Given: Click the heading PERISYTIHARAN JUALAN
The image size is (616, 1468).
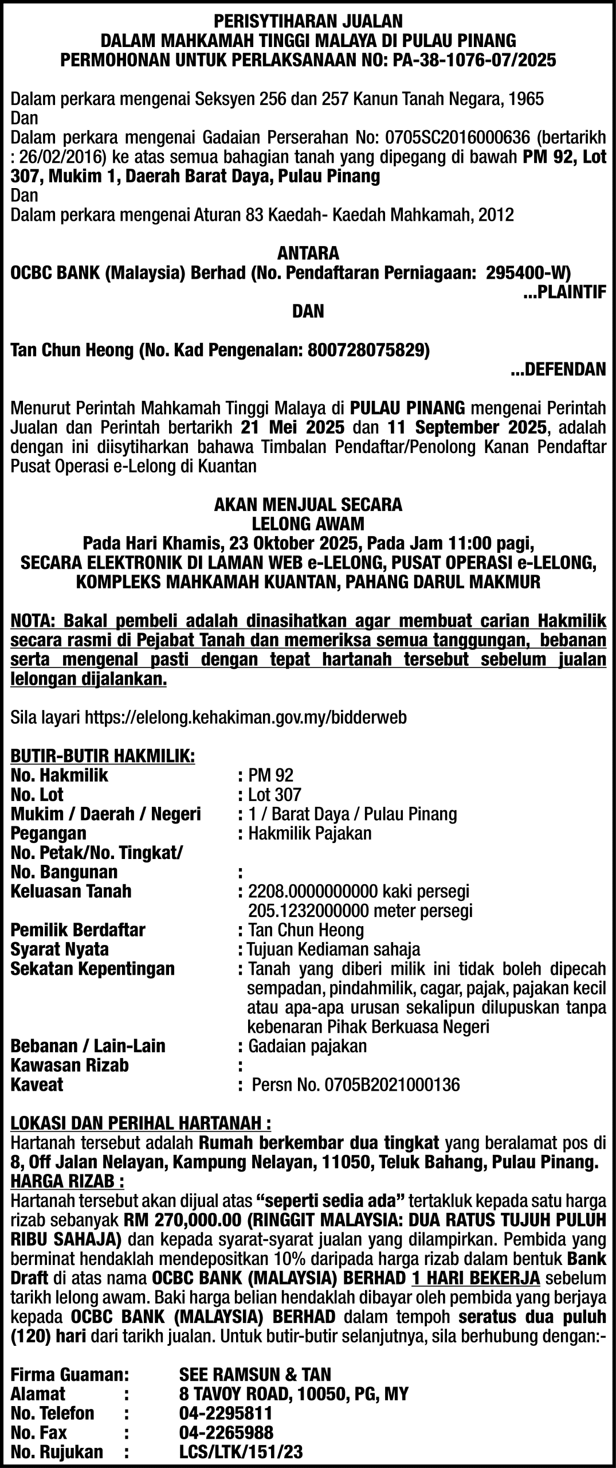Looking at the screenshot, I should point(308,22).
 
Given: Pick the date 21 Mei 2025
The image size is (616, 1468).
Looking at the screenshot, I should point(292,427).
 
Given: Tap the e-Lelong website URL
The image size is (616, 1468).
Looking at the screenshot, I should point(246,717).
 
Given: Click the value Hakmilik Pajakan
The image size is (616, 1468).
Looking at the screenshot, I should point(309,833).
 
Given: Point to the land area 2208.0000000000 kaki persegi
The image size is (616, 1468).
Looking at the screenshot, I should point(358,891).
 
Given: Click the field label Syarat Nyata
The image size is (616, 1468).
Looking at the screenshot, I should point(60,949).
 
